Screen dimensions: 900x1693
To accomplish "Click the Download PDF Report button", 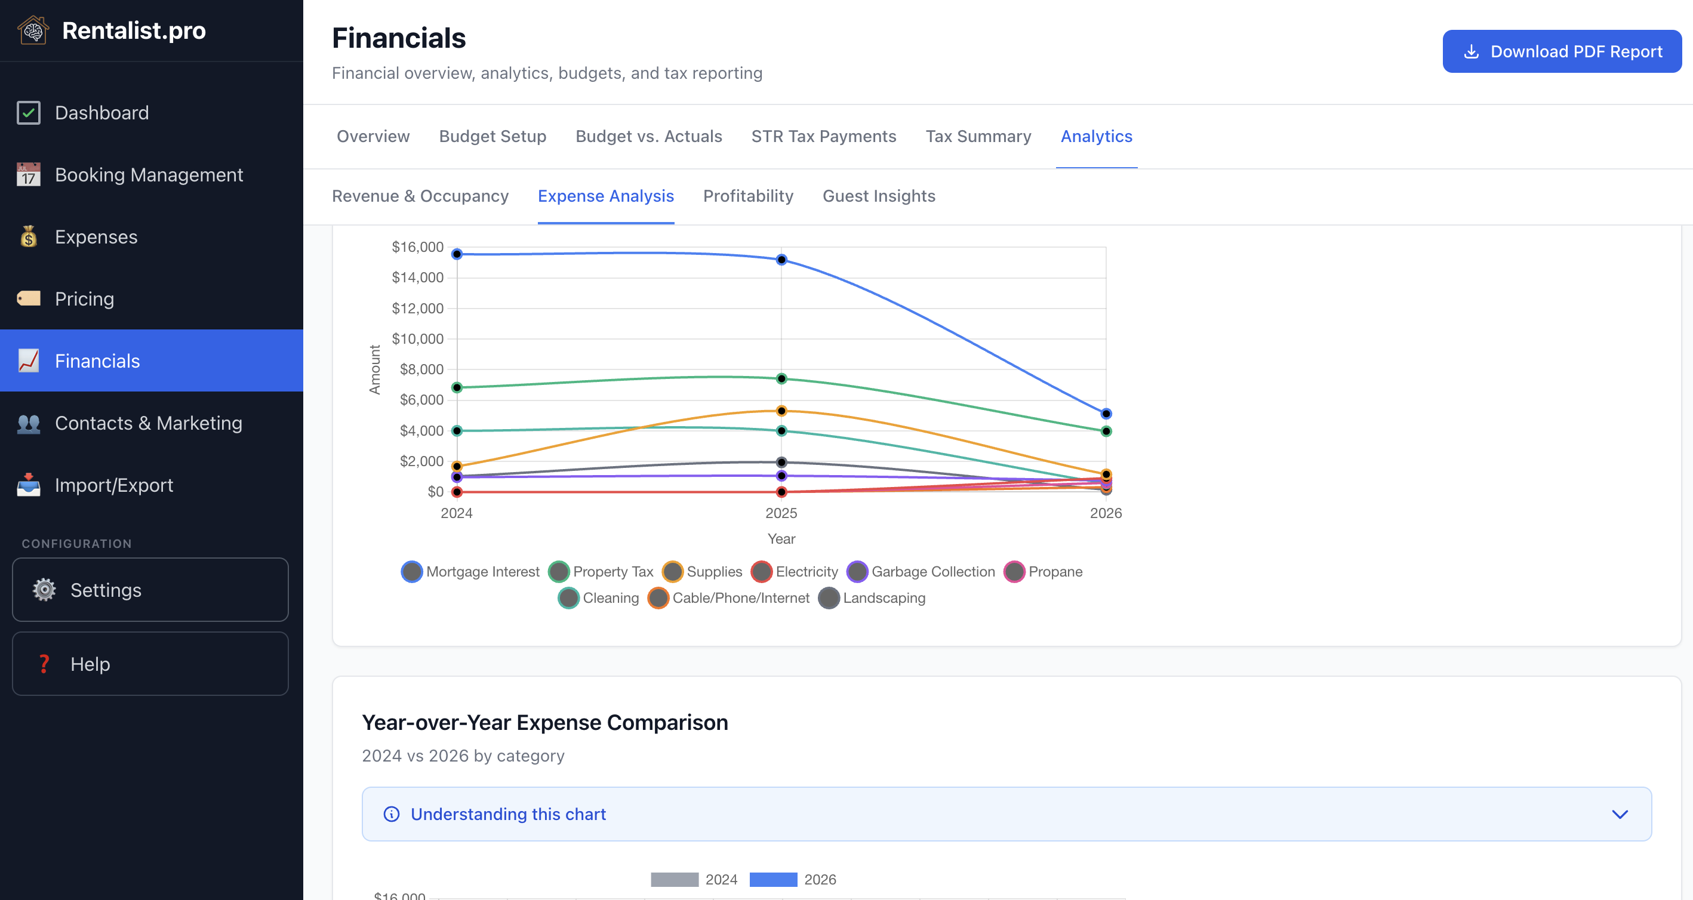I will click(x=1562, y=51).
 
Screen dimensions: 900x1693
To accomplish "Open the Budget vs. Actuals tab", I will click(x=648, y=136).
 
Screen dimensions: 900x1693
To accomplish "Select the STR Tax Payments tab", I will click(x=823, y=136).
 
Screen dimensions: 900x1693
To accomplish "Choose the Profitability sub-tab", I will click(x=748, y=196).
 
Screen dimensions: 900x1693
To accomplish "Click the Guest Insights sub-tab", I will click(x=879, y=196).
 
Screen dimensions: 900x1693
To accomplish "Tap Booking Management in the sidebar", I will click(x=149, y=175).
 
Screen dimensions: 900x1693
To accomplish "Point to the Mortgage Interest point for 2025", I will click(x=781, y=260).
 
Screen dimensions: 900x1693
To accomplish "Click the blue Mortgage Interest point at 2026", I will click(x=1106, y=414).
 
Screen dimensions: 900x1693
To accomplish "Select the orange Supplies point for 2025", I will click(x=781, y=411).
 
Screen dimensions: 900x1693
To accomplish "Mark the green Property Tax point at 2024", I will click(x=457, y=387).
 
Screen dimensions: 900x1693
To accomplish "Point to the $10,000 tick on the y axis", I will click(x=417, y=339).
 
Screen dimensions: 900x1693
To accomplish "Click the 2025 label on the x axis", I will click(x=781, y=513).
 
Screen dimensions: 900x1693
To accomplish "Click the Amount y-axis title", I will click(x=375, y=369).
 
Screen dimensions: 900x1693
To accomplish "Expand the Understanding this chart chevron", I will click(x=1620, y=814).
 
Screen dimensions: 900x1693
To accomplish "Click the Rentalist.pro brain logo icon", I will click(x=33, y=30).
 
